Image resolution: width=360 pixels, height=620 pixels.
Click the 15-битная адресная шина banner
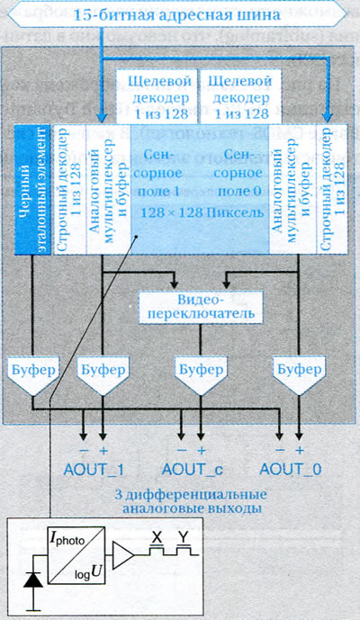pos(176,14)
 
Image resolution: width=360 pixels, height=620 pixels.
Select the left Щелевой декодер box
pos(157,97)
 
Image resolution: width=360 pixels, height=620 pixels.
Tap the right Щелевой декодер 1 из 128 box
pos(240,97)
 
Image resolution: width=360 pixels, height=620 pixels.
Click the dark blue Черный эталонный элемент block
pos(32,189)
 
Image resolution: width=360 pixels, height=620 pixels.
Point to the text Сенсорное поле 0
pos(239,173)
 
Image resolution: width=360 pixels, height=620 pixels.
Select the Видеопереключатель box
pos(201,308)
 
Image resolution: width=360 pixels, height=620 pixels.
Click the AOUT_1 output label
pos(94,470)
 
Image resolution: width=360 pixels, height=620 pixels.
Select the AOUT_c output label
pos(193,470)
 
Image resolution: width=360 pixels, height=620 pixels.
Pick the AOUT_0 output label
pos(291,470)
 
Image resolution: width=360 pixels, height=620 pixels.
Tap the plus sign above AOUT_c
pos(202,450)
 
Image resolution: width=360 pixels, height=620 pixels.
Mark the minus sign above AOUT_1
pos(84,451)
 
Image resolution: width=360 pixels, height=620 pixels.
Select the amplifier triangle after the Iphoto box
pos(123,554)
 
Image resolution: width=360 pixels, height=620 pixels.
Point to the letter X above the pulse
pos(157,537)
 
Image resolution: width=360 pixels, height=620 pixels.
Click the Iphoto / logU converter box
pos(76,555)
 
